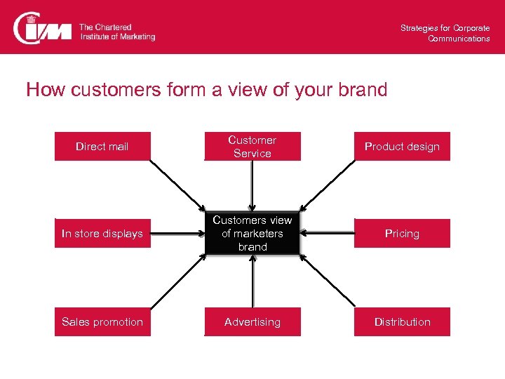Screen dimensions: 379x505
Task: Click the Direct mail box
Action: tap(102, 147)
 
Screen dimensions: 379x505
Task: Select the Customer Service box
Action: tap(252, 147)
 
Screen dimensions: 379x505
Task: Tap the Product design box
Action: tap(402, 147)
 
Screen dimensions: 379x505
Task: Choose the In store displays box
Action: tap(102, 234)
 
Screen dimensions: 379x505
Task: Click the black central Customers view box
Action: tap(252, 234)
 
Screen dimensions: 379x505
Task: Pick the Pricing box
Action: tap(402, 234)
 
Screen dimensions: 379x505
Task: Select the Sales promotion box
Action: tap(102, 322)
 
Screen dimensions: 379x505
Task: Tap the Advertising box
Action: tap(252, 322)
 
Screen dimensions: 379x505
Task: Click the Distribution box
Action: tap(402, 322)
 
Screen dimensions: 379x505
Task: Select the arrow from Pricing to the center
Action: tap(328, 234)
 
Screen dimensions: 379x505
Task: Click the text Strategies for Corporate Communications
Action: tap(445, 33)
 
